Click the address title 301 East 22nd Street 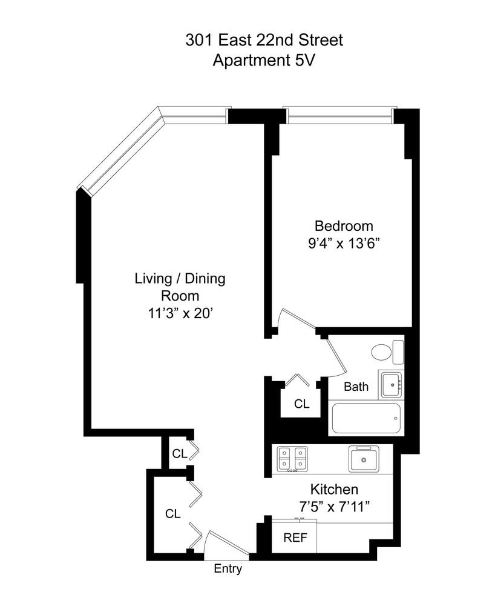[264, 41]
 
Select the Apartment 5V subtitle [264, 61]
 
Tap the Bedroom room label [344, 226]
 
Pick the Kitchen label [334, 489]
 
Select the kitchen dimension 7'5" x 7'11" [334, 506]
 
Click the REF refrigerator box [295, 537]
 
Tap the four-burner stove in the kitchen [292, 459]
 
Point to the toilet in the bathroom [382, 352]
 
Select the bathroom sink [390, 384]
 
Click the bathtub [365, 418]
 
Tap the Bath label [356, 387]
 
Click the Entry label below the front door [228, 568]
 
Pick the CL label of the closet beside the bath [301, 404]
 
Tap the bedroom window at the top [339, 115]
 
